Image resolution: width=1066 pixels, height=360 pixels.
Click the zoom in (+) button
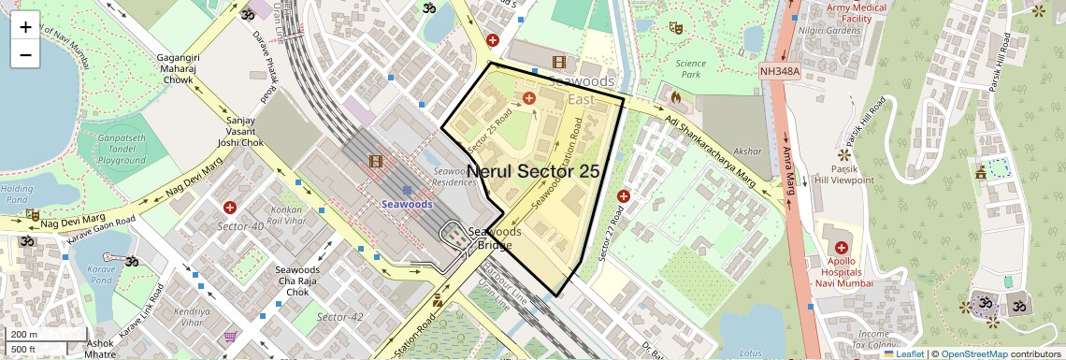click(x=25, y=27)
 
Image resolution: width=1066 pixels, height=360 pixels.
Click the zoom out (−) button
click(x=25, y=54)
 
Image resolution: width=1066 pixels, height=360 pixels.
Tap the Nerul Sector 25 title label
click(x=532, y=171)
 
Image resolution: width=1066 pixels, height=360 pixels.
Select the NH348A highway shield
click(x=781, y=70)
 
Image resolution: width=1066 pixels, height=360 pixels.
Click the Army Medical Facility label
click(x=856, y=13)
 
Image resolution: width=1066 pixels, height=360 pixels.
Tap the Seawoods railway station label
click(x=406, y=204)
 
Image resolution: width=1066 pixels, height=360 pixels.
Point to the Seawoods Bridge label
click(x=494, y=238)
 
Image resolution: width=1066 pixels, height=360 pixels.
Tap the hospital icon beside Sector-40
click(x=229, y=206)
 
